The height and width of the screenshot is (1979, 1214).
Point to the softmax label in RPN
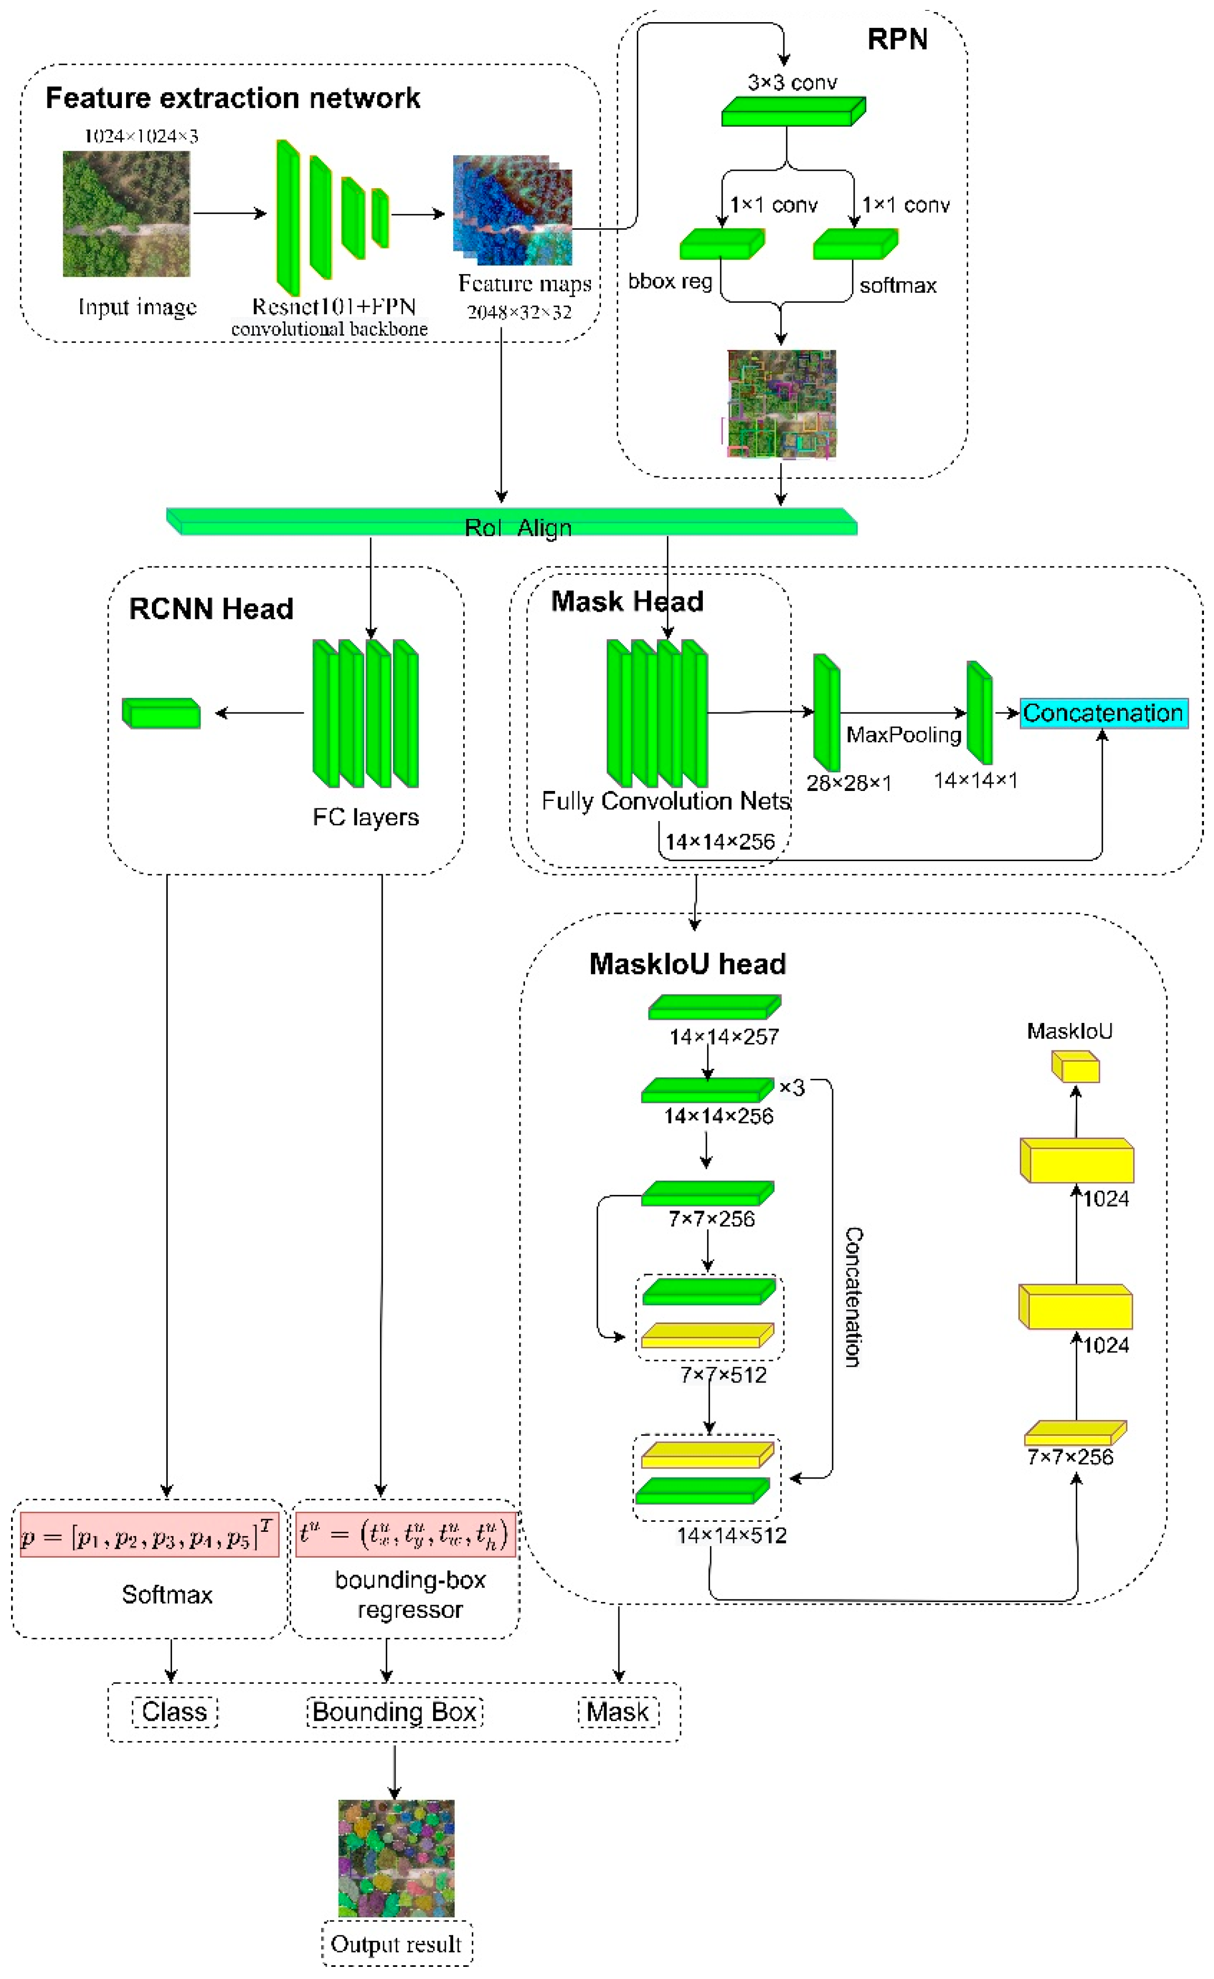897,286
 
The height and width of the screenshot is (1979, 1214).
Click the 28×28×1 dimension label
848,783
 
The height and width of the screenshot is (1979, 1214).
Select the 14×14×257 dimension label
724,1037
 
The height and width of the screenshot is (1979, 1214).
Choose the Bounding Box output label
395,1712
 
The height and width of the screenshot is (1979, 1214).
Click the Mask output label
617,1712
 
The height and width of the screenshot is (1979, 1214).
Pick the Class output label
174,1712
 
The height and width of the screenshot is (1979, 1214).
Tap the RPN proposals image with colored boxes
781,404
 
